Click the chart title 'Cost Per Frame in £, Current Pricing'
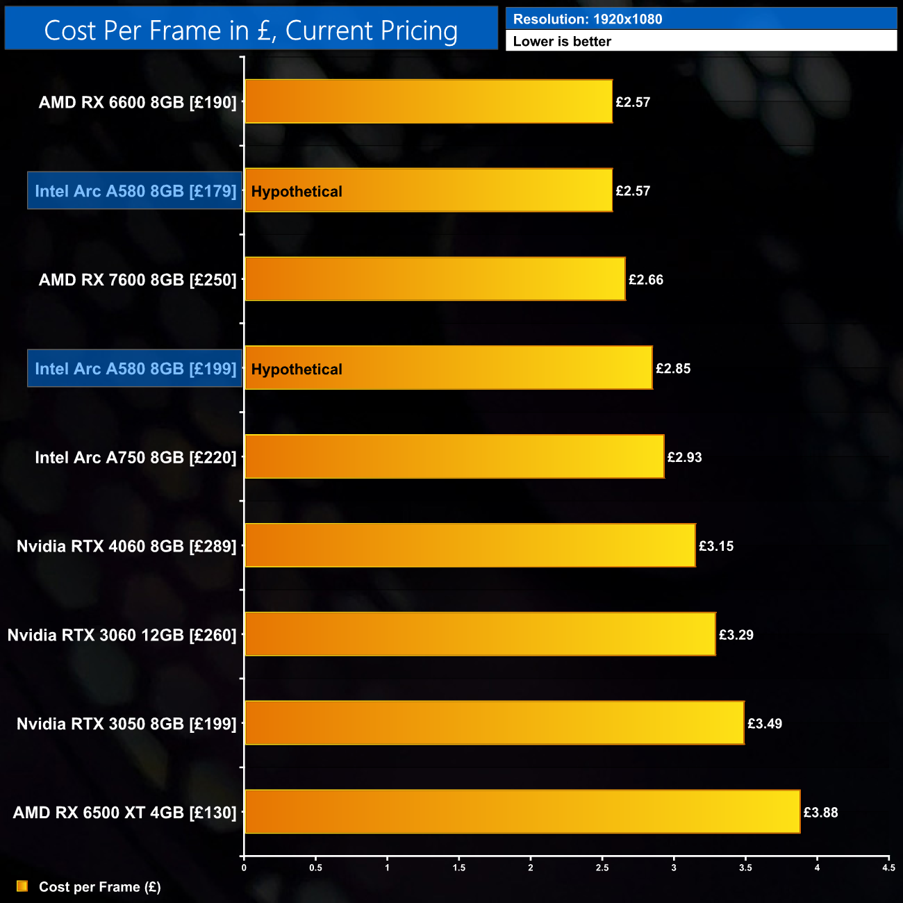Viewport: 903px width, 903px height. [251, 31]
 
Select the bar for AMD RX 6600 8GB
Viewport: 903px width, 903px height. [429, 101]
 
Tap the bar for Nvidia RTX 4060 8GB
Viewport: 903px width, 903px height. [470, 545]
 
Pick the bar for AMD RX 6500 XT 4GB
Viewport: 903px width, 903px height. [522, 811]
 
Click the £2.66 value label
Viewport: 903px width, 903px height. [646, 280]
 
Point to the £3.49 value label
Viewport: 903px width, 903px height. [765, 724]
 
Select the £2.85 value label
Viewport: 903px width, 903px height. [673, 369]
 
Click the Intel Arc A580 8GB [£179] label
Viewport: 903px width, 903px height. [135, 191]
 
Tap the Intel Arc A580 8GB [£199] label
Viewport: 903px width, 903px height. [135, 369]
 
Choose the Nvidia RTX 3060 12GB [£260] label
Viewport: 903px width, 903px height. [122, 635]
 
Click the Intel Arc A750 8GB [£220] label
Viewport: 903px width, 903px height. [135, 458]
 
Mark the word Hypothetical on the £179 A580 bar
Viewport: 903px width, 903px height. [297, 192]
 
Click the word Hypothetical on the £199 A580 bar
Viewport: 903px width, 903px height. [297, 370]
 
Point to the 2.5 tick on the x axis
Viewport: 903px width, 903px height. [602, 868]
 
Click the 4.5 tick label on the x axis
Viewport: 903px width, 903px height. [888, 868]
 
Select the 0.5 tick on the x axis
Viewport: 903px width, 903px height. [315, 868]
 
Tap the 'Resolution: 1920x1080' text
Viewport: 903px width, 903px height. [588, 19]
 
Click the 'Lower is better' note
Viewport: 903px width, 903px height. [562, 42]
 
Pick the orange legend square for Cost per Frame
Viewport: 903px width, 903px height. [22, 886]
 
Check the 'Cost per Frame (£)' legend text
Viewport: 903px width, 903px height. [100, 887]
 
